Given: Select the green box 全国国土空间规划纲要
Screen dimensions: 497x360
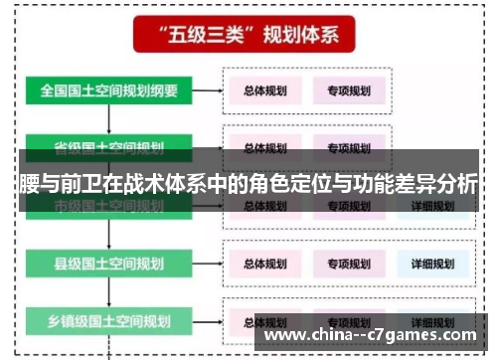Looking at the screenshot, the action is [109, 90].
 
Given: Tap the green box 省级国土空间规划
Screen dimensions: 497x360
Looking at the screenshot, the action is [109, 148].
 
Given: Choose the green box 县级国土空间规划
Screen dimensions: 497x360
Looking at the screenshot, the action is [109, 264].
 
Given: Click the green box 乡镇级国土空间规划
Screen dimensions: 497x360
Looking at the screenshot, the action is [109, 321].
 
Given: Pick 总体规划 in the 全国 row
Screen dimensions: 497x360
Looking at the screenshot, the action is [265, 90].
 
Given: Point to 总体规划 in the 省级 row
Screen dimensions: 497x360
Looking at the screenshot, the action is [265, 148].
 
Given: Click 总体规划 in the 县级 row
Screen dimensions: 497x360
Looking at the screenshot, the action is [265, 264].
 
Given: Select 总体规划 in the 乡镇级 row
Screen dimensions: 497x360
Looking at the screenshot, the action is [265, 321].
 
